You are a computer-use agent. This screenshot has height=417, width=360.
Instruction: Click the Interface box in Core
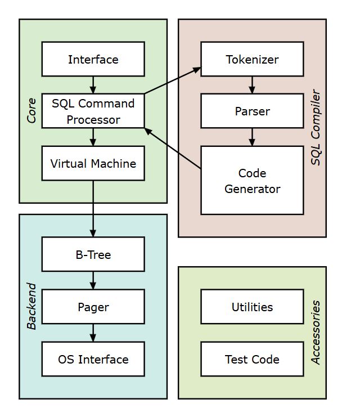point(93,59)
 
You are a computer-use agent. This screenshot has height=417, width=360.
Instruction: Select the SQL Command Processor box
point(93,111)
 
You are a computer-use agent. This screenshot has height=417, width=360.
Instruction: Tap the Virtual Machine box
point(93,164)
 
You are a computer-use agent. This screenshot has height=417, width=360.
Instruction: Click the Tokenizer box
point(251,59)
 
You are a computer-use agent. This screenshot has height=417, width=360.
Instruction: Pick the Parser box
point(251,111)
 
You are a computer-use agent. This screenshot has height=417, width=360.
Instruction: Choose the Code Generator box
point(251,181)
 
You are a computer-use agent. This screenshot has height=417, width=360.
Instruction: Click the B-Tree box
point(93,254)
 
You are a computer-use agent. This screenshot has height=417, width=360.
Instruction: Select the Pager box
point(93,307)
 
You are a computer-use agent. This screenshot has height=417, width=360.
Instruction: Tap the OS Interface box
point(93,359)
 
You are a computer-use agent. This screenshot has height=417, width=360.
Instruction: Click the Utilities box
point(251,307)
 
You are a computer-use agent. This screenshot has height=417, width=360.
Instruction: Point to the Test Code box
point(251,359)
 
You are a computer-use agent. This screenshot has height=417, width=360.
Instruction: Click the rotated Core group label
point(31,110)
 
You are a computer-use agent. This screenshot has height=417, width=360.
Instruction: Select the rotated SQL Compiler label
point(316,128)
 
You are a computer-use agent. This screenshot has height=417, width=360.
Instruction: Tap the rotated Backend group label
point(31,306)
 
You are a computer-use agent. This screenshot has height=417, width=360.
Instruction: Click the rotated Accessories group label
point(316,332)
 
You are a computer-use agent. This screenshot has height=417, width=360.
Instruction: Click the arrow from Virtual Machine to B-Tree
point(93,208)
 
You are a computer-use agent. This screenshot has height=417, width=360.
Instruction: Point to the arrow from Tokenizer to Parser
point(251,85)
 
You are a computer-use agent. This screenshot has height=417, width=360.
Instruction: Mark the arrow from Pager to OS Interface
point(93,333)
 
